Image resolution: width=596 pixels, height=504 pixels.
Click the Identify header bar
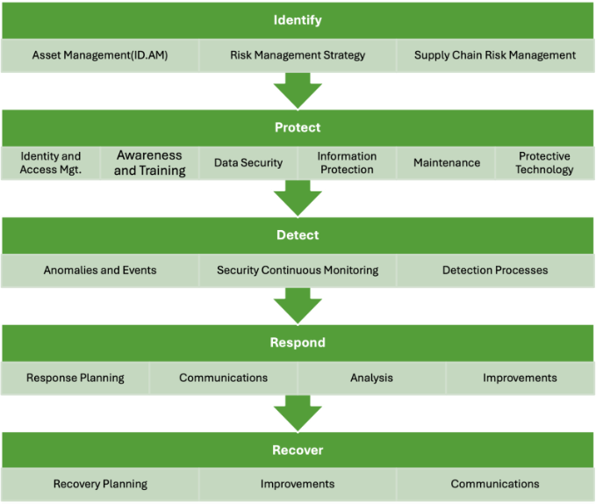pos(298,20)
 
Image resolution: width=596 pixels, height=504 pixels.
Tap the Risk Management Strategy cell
pos(298,55)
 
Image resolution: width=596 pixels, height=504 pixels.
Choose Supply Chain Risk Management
pos(495,55)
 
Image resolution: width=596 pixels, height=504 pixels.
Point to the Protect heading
pos(298,127)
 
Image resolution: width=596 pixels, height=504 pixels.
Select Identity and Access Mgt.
pos(51,163)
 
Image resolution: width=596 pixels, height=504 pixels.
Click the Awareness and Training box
pos(150,163)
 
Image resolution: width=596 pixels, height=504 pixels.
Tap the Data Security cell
pos(248,163)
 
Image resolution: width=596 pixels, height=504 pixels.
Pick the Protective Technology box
pos(544,163)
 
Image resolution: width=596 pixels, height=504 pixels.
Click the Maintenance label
pos(447,163)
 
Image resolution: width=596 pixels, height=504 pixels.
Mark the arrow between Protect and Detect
pos(298,198)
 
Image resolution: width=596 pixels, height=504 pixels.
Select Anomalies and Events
pos(100,270)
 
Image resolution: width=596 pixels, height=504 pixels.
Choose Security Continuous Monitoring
pos(298,270)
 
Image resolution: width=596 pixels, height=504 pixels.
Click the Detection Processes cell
pos(495,270)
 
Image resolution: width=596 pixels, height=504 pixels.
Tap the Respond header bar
pos(298,342)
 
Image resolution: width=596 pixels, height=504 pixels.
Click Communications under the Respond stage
pos(224,378)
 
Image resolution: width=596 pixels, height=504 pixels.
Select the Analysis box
pos(371,378)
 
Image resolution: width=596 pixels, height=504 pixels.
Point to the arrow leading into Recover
pos(298,413)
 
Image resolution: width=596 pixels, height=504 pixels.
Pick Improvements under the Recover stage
pos(298,484)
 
